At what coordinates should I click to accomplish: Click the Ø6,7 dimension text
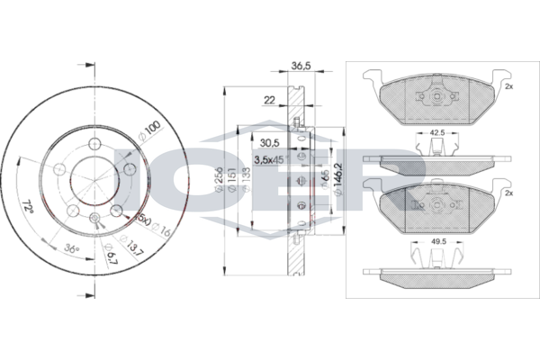[108, 261]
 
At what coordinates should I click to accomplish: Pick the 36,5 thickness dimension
[301, 66]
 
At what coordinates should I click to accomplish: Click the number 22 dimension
[269, 100]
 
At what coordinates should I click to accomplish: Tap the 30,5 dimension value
[268, 142]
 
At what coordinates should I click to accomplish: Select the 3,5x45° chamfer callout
[269, 159]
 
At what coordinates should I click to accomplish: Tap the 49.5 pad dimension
[438, 242]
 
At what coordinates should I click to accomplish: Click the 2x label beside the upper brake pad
[508, 86]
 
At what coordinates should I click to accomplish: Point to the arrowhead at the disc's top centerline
[85, 64]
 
